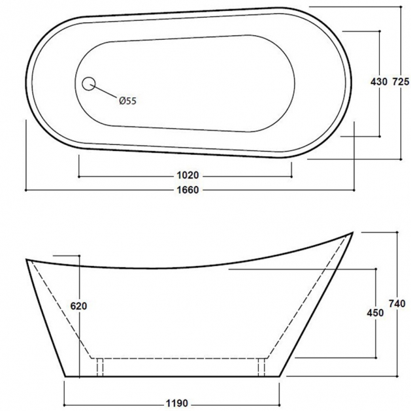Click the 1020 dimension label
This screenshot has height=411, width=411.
click(x=188, y=175)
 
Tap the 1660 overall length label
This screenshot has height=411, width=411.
click(x=188, y=189)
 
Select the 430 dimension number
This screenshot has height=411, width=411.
click(x=379, y=82)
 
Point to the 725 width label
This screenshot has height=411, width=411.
click(x=401, y=82)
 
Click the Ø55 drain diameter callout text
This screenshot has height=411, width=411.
click(x=128, y=101)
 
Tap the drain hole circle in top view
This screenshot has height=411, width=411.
click(x=89, y=84)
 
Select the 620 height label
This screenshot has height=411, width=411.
click(x=78, y=306)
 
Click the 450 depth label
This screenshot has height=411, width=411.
click(x=375, y=313)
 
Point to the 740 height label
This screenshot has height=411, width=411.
click(x=397, y=304)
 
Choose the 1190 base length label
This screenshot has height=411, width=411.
click(x=177, y=403)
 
